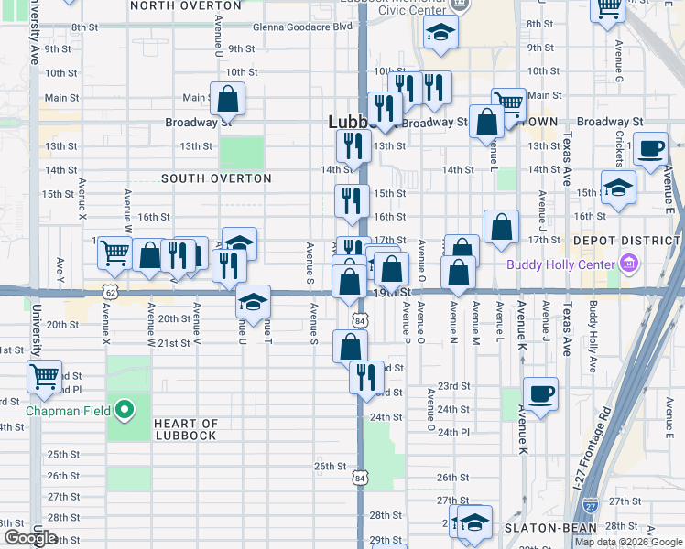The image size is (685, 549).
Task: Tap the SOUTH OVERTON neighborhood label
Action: coord(216,178)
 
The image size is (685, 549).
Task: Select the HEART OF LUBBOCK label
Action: coord(186,429)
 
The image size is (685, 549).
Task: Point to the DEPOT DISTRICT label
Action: coord(626,241)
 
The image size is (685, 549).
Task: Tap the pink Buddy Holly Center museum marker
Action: coord(628,266)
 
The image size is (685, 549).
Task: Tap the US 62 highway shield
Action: coord(110,292)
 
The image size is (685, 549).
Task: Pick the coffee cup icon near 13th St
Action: coord(651,147)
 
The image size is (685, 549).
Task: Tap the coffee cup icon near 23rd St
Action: coord(540,393)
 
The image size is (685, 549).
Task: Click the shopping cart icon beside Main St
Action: coord(507,102)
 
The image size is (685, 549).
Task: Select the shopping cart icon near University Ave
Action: coord(44,376)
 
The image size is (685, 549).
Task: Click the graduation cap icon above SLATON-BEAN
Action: coord(474,521)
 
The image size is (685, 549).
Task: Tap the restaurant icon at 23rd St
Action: coord(366,376)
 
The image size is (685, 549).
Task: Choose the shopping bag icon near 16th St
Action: coord(501,226)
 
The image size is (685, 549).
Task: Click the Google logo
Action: coord(30,538)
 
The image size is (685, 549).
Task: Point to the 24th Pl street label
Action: coord(453,432)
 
